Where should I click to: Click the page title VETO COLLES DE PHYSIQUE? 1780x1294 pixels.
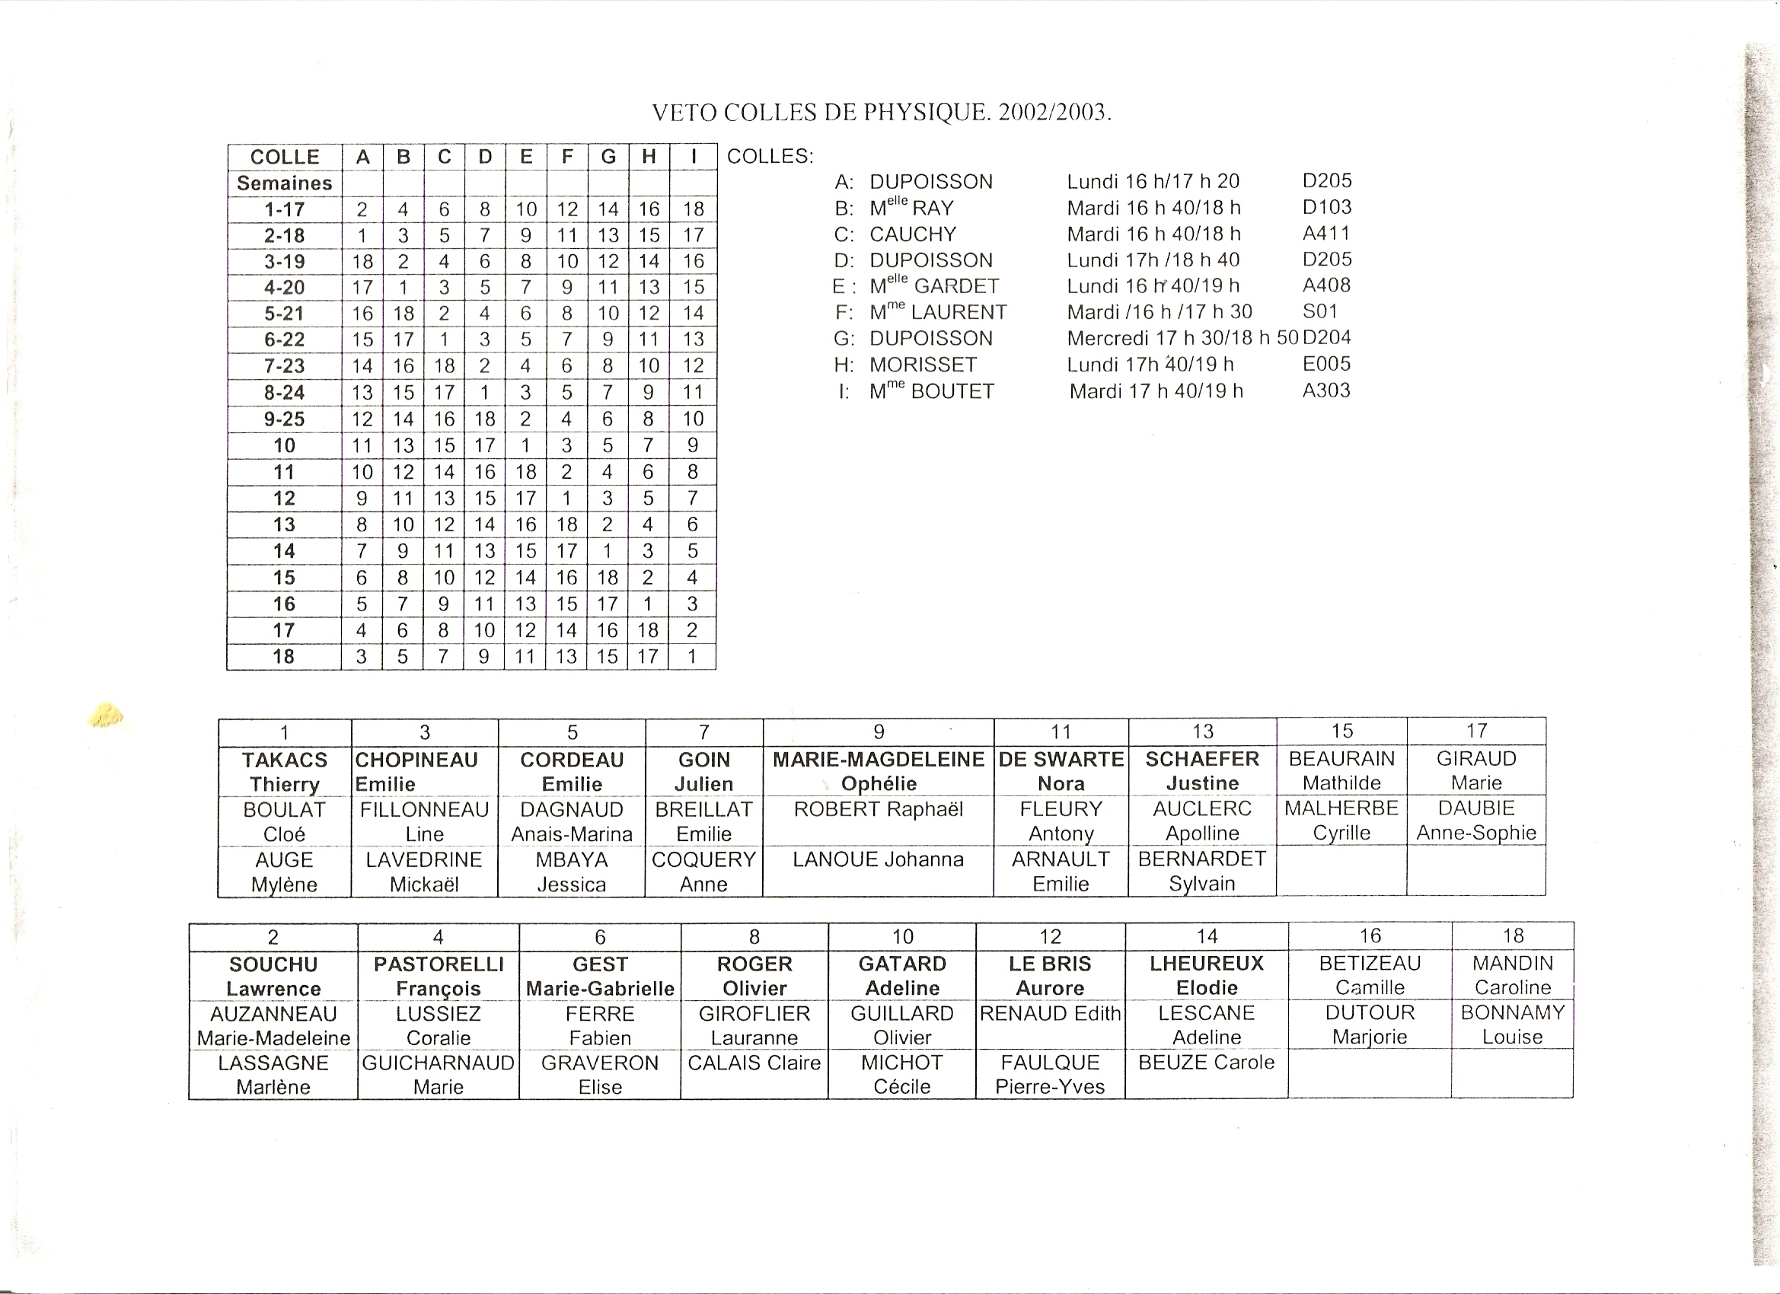(882, 113)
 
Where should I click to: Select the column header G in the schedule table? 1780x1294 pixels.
(608, 157)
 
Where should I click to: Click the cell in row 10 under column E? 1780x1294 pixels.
(525, 446)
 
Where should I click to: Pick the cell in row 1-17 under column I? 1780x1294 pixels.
(693, 209)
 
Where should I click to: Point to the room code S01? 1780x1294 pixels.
(1320, 311)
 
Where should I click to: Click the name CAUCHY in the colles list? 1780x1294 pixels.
(913, 234)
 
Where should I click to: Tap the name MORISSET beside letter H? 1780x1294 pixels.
(923, 365)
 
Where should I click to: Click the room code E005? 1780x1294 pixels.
(1326, 364)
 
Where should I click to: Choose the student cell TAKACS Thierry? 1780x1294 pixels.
(284, 771)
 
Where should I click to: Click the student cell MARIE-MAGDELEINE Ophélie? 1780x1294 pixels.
(879, 771)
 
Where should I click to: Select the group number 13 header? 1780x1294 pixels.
(1202, 731)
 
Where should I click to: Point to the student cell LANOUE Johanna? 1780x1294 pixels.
(879, 859)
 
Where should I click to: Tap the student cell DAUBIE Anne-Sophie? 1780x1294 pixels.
(1476, 820)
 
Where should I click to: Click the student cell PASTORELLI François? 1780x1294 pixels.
(438, 976)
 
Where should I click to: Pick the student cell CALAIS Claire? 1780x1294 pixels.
(754, 1063)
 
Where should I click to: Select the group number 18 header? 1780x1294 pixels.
(1512, 935)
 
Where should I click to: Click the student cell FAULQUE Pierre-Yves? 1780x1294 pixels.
(1050, 1074)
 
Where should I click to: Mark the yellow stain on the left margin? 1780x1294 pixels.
(107, 715)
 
